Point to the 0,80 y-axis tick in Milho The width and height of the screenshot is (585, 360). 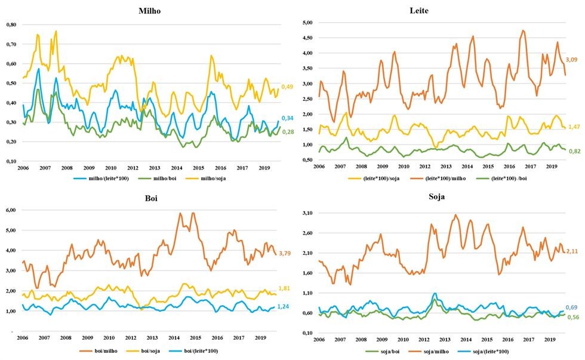(x=11, y=24)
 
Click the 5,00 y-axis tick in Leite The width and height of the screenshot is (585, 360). (x=307, y=23)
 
